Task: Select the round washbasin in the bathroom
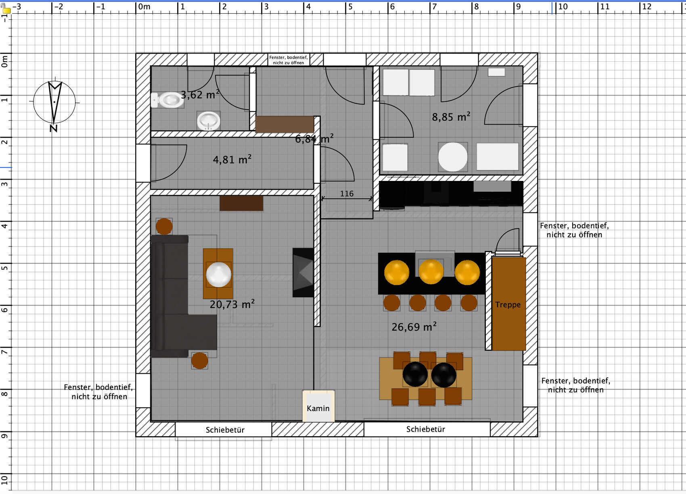209,121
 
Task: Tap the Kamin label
318,408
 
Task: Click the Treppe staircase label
508,305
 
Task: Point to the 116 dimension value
347,194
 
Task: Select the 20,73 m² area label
232,304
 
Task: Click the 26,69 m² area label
414,327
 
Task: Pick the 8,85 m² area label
451,117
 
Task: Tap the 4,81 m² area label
232,160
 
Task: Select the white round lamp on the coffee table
218,274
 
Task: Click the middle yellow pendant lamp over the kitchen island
431,272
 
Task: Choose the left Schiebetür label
225,430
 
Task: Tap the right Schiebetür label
426,429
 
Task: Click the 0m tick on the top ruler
136,7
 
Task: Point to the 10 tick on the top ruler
556,7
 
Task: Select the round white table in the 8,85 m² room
453,157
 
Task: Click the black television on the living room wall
303,273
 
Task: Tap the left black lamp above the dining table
415,374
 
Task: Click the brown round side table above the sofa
164,226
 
